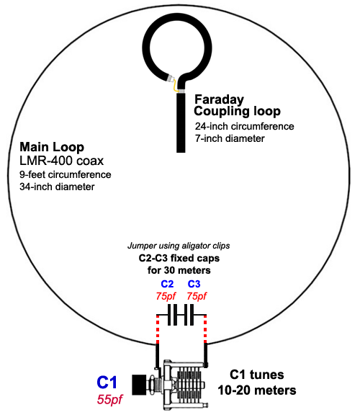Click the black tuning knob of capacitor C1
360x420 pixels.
tap(140, 385)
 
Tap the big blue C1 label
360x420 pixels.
tap(107, 383)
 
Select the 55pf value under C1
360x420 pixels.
tap(109, 399)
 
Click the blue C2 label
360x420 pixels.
tap(167, 284)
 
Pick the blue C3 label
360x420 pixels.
tap(194, 284)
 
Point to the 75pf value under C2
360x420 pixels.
tap(166, 296)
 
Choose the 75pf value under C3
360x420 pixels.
tap(197, 296)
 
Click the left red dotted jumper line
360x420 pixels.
tap(158, 329)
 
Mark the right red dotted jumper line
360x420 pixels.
tap(205, 329)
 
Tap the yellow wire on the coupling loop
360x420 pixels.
tap(175, 86)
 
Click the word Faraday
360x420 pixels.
tap(219, 99)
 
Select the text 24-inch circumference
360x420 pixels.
tap(244, 126)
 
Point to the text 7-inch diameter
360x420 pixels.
tap(230, 138)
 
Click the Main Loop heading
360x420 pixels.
tap(52, 147)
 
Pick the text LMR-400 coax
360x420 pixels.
tap(62, 161)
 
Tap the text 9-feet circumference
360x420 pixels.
tap(66, 174)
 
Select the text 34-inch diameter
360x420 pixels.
tap(57, 187)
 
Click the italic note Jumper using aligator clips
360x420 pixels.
tap(179, 246)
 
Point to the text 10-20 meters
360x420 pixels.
tap(257, 390)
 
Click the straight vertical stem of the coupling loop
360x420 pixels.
tap(181, 122)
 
